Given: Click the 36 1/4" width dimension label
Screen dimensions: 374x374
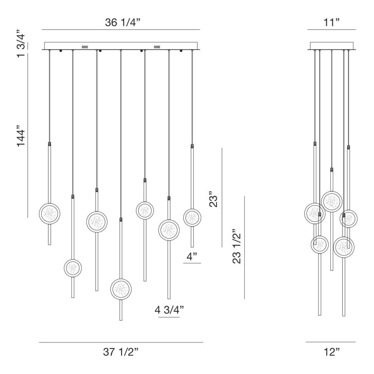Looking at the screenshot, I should (120, 22).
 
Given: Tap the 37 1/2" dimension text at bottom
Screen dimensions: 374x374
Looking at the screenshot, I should (121, 352).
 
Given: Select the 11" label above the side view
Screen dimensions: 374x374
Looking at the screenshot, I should (332, 22).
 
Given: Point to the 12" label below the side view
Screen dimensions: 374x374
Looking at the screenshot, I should (332, 352).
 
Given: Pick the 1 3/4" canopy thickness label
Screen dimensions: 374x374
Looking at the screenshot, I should (22, 43).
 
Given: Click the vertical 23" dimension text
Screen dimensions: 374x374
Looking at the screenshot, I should (213, 199).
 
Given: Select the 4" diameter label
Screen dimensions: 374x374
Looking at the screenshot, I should (192, 256).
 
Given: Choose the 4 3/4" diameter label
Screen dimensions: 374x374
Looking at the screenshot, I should (169, 310).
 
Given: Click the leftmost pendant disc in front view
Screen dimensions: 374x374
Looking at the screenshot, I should (49, 214).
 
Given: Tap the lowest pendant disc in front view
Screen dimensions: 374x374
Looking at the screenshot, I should (121, 289).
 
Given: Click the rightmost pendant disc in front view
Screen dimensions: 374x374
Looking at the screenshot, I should (192, 217).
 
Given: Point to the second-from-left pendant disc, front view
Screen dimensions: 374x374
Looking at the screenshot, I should (73, 268).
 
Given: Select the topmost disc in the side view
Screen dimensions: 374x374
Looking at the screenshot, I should (332, 202).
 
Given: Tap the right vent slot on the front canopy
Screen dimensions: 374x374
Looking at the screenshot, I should (157, 47).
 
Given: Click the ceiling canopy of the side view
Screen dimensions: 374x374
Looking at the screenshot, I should (332, 46).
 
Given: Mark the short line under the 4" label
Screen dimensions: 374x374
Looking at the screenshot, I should (192, 263).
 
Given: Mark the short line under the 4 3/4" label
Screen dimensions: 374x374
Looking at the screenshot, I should (169, 317).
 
